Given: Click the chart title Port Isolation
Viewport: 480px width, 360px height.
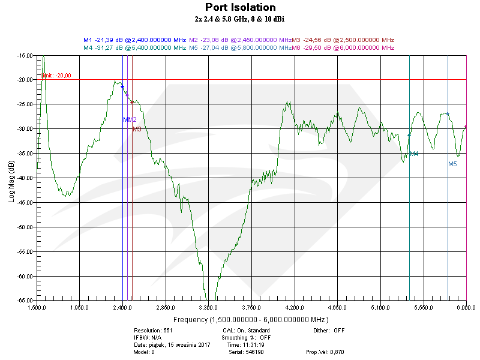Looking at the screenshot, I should [x=240, y=8].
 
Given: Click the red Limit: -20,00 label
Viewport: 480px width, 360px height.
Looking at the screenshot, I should [x=56, y=76].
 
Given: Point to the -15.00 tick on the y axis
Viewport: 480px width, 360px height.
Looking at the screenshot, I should [x=25, y=55].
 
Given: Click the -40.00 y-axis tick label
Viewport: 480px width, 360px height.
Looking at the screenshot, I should [x=25, y=178].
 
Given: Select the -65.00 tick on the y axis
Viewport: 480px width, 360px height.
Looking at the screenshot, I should [x=25, y=301].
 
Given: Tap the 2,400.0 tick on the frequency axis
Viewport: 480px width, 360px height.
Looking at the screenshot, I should [x=122, y=307].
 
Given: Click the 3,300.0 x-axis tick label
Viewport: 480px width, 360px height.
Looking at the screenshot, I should [x=208, y=307].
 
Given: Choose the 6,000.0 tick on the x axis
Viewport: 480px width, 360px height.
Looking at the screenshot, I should [x=466, y=307].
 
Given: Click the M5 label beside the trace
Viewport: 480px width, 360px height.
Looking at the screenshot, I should [x=452, y=164].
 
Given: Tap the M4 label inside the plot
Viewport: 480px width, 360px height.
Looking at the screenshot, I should [x=414, y=154].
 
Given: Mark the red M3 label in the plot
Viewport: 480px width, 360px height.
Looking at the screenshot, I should [x=137, y=129].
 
